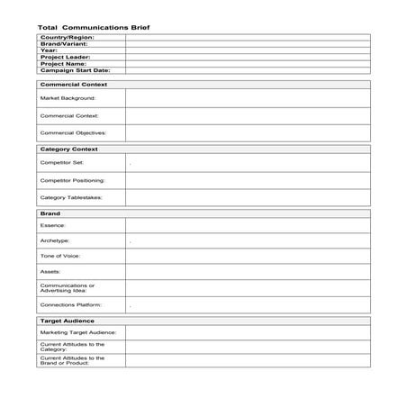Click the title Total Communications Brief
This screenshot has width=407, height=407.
(94, 27)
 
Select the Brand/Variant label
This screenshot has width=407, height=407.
(62, 44)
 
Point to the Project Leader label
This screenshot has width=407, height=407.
(65, 57)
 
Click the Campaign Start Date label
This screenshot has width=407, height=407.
(74, 69)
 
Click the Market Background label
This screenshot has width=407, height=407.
(68, 97)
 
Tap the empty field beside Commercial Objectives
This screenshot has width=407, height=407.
(247, 132)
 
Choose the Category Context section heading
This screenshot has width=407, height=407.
(69, 149)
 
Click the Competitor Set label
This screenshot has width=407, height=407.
(61, 163)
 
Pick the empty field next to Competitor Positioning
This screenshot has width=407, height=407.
(247, 180)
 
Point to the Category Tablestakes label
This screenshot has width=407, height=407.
(71, 197)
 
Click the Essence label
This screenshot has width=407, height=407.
(53, 225)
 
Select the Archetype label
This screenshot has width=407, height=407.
(55, 240)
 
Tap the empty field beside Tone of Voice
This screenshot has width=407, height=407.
(247, 256)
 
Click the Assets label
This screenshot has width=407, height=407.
(50, 271)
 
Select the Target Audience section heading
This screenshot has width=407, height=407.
(68, 320)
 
